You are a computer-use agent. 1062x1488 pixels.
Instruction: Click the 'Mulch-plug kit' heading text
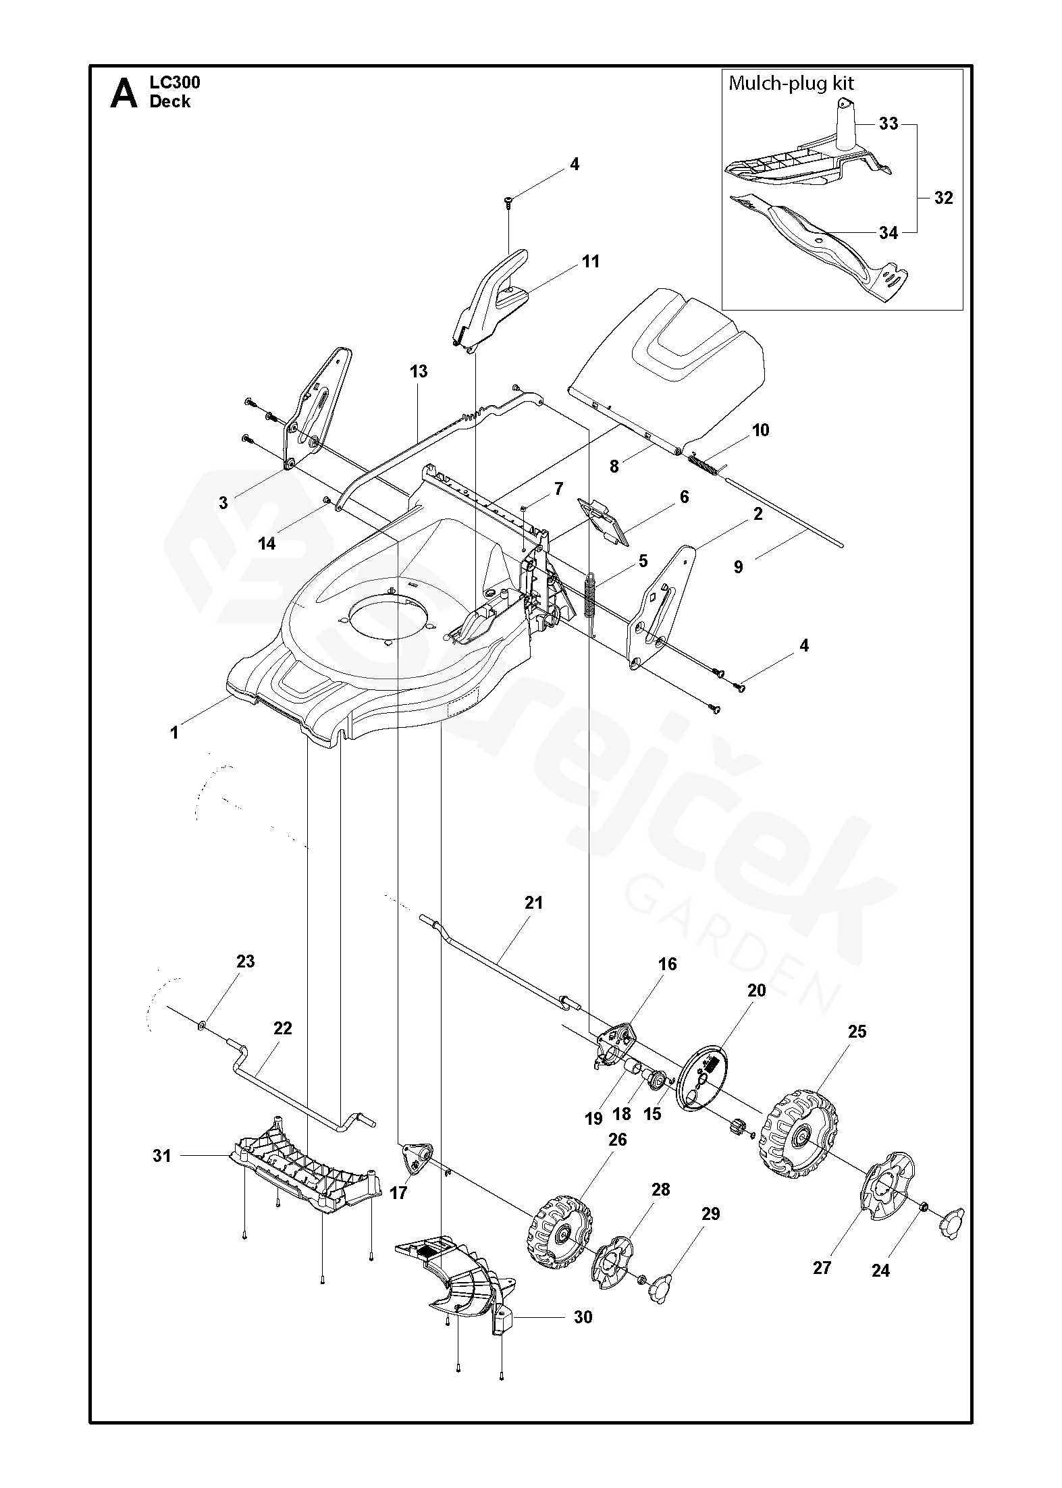click(x=791, y=84)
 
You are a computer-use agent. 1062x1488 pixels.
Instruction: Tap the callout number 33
click(x=888, y=124)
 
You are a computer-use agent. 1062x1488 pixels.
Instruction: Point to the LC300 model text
click(x=175, y=83)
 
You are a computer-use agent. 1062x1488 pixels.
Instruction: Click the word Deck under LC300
click(x=170, y=102)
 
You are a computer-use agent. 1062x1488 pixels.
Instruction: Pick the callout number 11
click(x=591, y=261)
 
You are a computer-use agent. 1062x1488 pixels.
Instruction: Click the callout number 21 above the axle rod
click(x=533, y=903)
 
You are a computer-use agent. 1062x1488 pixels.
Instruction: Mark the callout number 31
click(x=161, y=1156)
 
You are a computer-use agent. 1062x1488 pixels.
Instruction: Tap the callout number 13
click(x=418, y=371)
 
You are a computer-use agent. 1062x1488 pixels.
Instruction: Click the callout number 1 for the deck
click(x=174, y=733)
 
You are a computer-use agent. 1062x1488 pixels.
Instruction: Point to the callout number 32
click(x=943, y=198)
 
